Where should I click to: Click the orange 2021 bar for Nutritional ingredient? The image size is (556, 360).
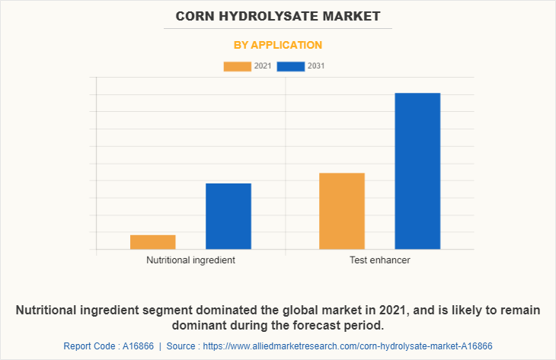(x=152, y=242)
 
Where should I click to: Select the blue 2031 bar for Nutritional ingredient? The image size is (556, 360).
(x=228, y=216)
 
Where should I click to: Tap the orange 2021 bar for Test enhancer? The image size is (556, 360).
(x=342, y=211)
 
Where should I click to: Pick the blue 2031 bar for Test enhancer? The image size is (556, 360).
(x=417, y=170)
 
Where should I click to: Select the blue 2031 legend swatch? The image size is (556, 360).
(x=291, y=66)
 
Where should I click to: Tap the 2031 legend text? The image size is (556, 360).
(x=316, y=66)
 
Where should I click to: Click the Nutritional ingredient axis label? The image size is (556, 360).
(x=190, y=260)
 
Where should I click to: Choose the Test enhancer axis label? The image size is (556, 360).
(x=379, y=260)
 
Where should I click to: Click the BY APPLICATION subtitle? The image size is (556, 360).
(x=277, y=45)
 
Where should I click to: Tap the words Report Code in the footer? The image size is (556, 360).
(x=89, y=346)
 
